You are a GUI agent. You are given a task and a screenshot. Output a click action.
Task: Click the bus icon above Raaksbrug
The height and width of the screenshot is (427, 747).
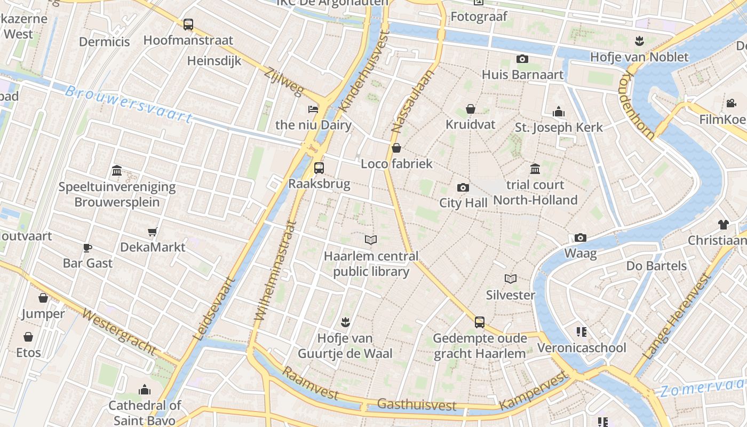pyautogui.click(x=319, y=168)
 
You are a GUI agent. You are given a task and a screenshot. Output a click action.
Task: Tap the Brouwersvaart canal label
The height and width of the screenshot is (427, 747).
pyautogui.click(x=128, y=104)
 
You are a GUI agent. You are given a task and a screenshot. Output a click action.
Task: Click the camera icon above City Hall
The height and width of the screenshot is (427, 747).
pyautogui.click(x=463, y=187)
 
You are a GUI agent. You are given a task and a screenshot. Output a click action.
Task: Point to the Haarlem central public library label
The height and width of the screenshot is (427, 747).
pyautogui.click(x=371, y=264)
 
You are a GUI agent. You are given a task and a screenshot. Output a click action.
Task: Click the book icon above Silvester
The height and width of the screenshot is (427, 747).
pyautogui.click(x=511, y=279)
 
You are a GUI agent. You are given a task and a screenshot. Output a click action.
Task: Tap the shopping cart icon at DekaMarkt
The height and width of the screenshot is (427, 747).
pyautogui.click(x=153, y=232)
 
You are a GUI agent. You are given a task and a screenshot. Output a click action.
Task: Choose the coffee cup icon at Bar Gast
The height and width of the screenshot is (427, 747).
pyautogui.click(x=88, y=248)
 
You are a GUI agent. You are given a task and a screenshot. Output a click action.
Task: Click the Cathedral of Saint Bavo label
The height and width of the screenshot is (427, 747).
pyautogui.click(x=145, y=413)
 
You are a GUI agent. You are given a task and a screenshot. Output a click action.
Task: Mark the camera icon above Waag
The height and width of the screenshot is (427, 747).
pyautogui.click(x=581, y=238)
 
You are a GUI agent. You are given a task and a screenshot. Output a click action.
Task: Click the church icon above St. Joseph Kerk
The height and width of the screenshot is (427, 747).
pyautogui.click(x=559, y=112)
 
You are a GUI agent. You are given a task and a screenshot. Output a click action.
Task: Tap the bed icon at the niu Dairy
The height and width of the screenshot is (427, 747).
pyautogui.click(x=313, y=109)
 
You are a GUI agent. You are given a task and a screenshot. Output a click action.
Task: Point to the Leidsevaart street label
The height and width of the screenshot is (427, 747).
pyautogui.click(x=213, y=309)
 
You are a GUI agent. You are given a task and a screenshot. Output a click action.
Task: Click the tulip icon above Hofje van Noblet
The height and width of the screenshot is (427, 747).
pyautogui.click(x=639, y=41)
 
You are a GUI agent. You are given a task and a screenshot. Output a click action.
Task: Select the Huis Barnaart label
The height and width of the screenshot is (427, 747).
pyautogui.click(x=522, y=74)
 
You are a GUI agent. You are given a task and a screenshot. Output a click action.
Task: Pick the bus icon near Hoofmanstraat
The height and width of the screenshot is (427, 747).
pyautogui.click(x=188, y=24)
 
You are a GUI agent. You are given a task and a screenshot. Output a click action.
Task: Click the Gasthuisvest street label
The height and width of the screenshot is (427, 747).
pyautogui.click(x=417, y=404)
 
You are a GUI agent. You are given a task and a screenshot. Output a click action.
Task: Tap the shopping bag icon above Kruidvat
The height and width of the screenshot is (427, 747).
pyautogui.click(x=471, y=109)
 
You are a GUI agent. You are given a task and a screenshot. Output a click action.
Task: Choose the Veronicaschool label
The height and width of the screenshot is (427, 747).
pyautogui.click(x=582, y=348)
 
